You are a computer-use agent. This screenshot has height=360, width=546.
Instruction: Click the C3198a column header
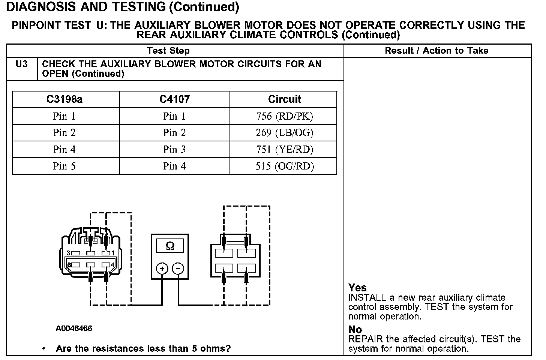pos(64,99)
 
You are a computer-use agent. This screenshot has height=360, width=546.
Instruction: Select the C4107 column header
pos(174,99)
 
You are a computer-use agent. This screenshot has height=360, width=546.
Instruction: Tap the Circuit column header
pos(284,99)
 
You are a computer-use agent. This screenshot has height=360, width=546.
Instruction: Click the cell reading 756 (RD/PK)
pos(284,116)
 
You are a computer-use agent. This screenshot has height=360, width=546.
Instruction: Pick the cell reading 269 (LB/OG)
pos(284,133)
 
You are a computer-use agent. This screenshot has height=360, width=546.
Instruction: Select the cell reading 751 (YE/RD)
pos(284,150)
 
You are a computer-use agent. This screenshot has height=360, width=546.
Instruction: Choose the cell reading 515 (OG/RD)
pos(284,166)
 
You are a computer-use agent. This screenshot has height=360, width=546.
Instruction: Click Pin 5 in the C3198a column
pos(64,166)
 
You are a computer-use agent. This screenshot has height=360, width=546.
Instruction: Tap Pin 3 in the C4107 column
pos(174,150)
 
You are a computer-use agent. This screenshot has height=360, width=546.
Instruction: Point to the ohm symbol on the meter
pos(170,246)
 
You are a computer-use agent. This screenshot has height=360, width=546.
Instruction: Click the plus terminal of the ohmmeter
pos(162,268)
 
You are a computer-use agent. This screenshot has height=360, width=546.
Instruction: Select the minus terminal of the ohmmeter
pos(178,268)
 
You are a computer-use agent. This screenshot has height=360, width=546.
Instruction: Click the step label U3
pos(22,64)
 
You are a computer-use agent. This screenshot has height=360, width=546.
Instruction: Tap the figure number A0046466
pos(74,328)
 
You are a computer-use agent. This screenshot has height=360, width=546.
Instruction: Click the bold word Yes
pos(357,288)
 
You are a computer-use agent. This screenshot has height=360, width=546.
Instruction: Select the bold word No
pos(355,329)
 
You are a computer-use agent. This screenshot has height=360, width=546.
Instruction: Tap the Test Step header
pos(168,51)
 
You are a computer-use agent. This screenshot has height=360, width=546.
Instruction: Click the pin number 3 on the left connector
pos(68,253)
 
